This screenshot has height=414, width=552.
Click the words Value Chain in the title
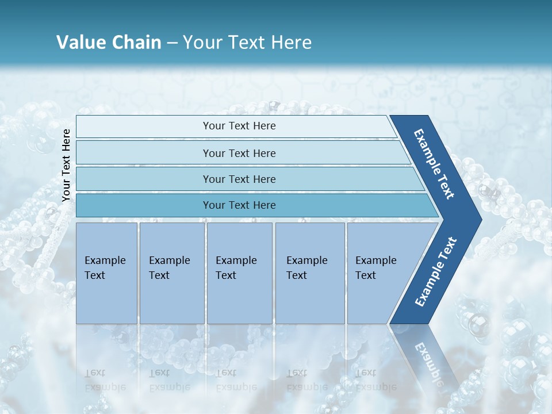click(109, 43)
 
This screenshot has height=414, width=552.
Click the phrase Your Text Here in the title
click(247, 43)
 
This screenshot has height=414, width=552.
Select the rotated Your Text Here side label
click(66, 165)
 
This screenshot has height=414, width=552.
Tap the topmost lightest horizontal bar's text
click(239, 126)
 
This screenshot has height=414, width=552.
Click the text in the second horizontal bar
click(239, 154)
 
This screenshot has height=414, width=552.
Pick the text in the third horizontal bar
click(239, 179)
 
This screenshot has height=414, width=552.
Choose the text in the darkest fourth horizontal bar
click(239, 205)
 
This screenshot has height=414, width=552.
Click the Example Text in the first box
click(105, 268)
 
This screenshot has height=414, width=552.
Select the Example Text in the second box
click(169, 268)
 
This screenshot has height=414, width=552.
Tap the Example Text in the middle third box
click(236, 268)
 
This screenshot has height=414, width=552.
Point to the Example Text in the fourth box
click(306, 268)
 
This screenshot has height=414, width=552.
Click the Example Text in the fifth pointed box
click(375, 268)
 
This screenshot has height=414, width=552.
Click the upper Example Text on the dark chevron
click(434, 164)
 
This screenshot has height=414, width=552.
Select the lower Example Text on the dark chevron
click(436, 271)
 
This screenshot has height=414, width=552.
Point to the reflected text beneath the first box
click(105, 380)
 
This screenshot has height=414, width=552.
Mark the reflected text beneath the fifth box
click(375, 380)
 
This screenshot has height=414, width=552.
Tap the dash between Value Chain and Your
click(172, 43)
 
